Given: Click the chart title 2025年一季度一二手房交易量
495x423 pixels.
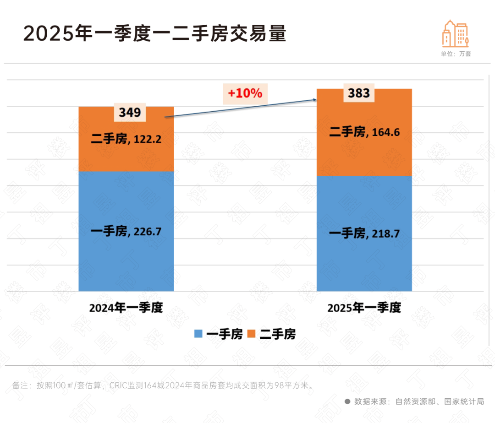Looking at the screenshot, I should pyautogui.click(x=155, y=34).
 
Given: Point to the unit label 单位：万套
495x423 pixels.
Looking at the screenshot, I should pyautogui.click(x=456, y=54).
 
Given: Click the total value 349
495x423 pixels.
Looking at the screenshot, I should pyautogui.click(x=130, y=112).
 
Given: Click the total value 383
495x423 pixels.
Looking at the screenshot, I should pyautogui.click(x=359, y=93).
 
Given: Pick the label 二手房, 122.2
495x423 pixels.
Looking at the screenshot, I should pyautogui.click(x=126, y=139).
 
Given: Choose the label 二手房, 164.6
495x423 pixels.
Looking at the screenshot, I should pyautogui.click(x=364, y=132).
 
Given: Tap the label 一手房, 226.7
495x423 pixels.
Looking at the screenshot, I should pyautogui.click(x=126, y=232).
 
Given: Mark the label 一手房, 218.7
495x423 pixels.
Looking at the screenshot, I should pyautogui.click(x=364, y=233).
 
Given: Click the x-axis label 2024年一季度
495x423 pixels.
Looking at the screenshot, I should pyautogui.click(x=126, y=307).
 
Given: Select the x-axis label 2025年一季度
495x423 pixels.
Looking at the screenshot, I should pyautogui.click(x=364, y=307).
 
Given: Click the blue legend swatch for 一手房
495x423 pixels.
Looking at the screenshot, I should pyautogui.click(x=198, y=334).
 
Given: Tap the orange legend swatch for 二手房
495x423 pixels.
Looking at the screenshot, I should pyautogui.click(x=251, y=334).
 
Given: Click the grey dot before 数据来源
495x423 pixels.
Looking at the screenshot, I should pyautogui.click(x=347, y=401).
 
